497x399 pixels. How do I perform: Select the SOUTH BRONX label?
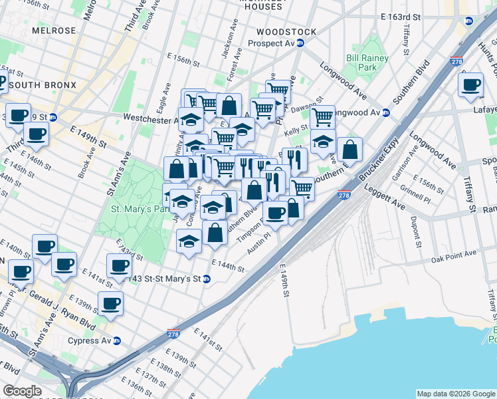pyautogui.click(x=43, y=85)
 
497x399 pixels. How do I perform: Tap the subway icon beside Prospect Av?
pyautogui.click(x=300, y=43)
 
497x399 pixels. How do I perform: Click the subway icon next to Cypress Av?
pyautogui.click(x=117, y=341)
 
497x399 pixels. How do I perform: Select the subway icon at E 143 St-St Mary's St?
pyautogui.click(x=207, y=279)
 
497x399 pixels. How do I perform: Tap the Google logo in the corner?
pyautogui.click(x=22, y=391)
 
